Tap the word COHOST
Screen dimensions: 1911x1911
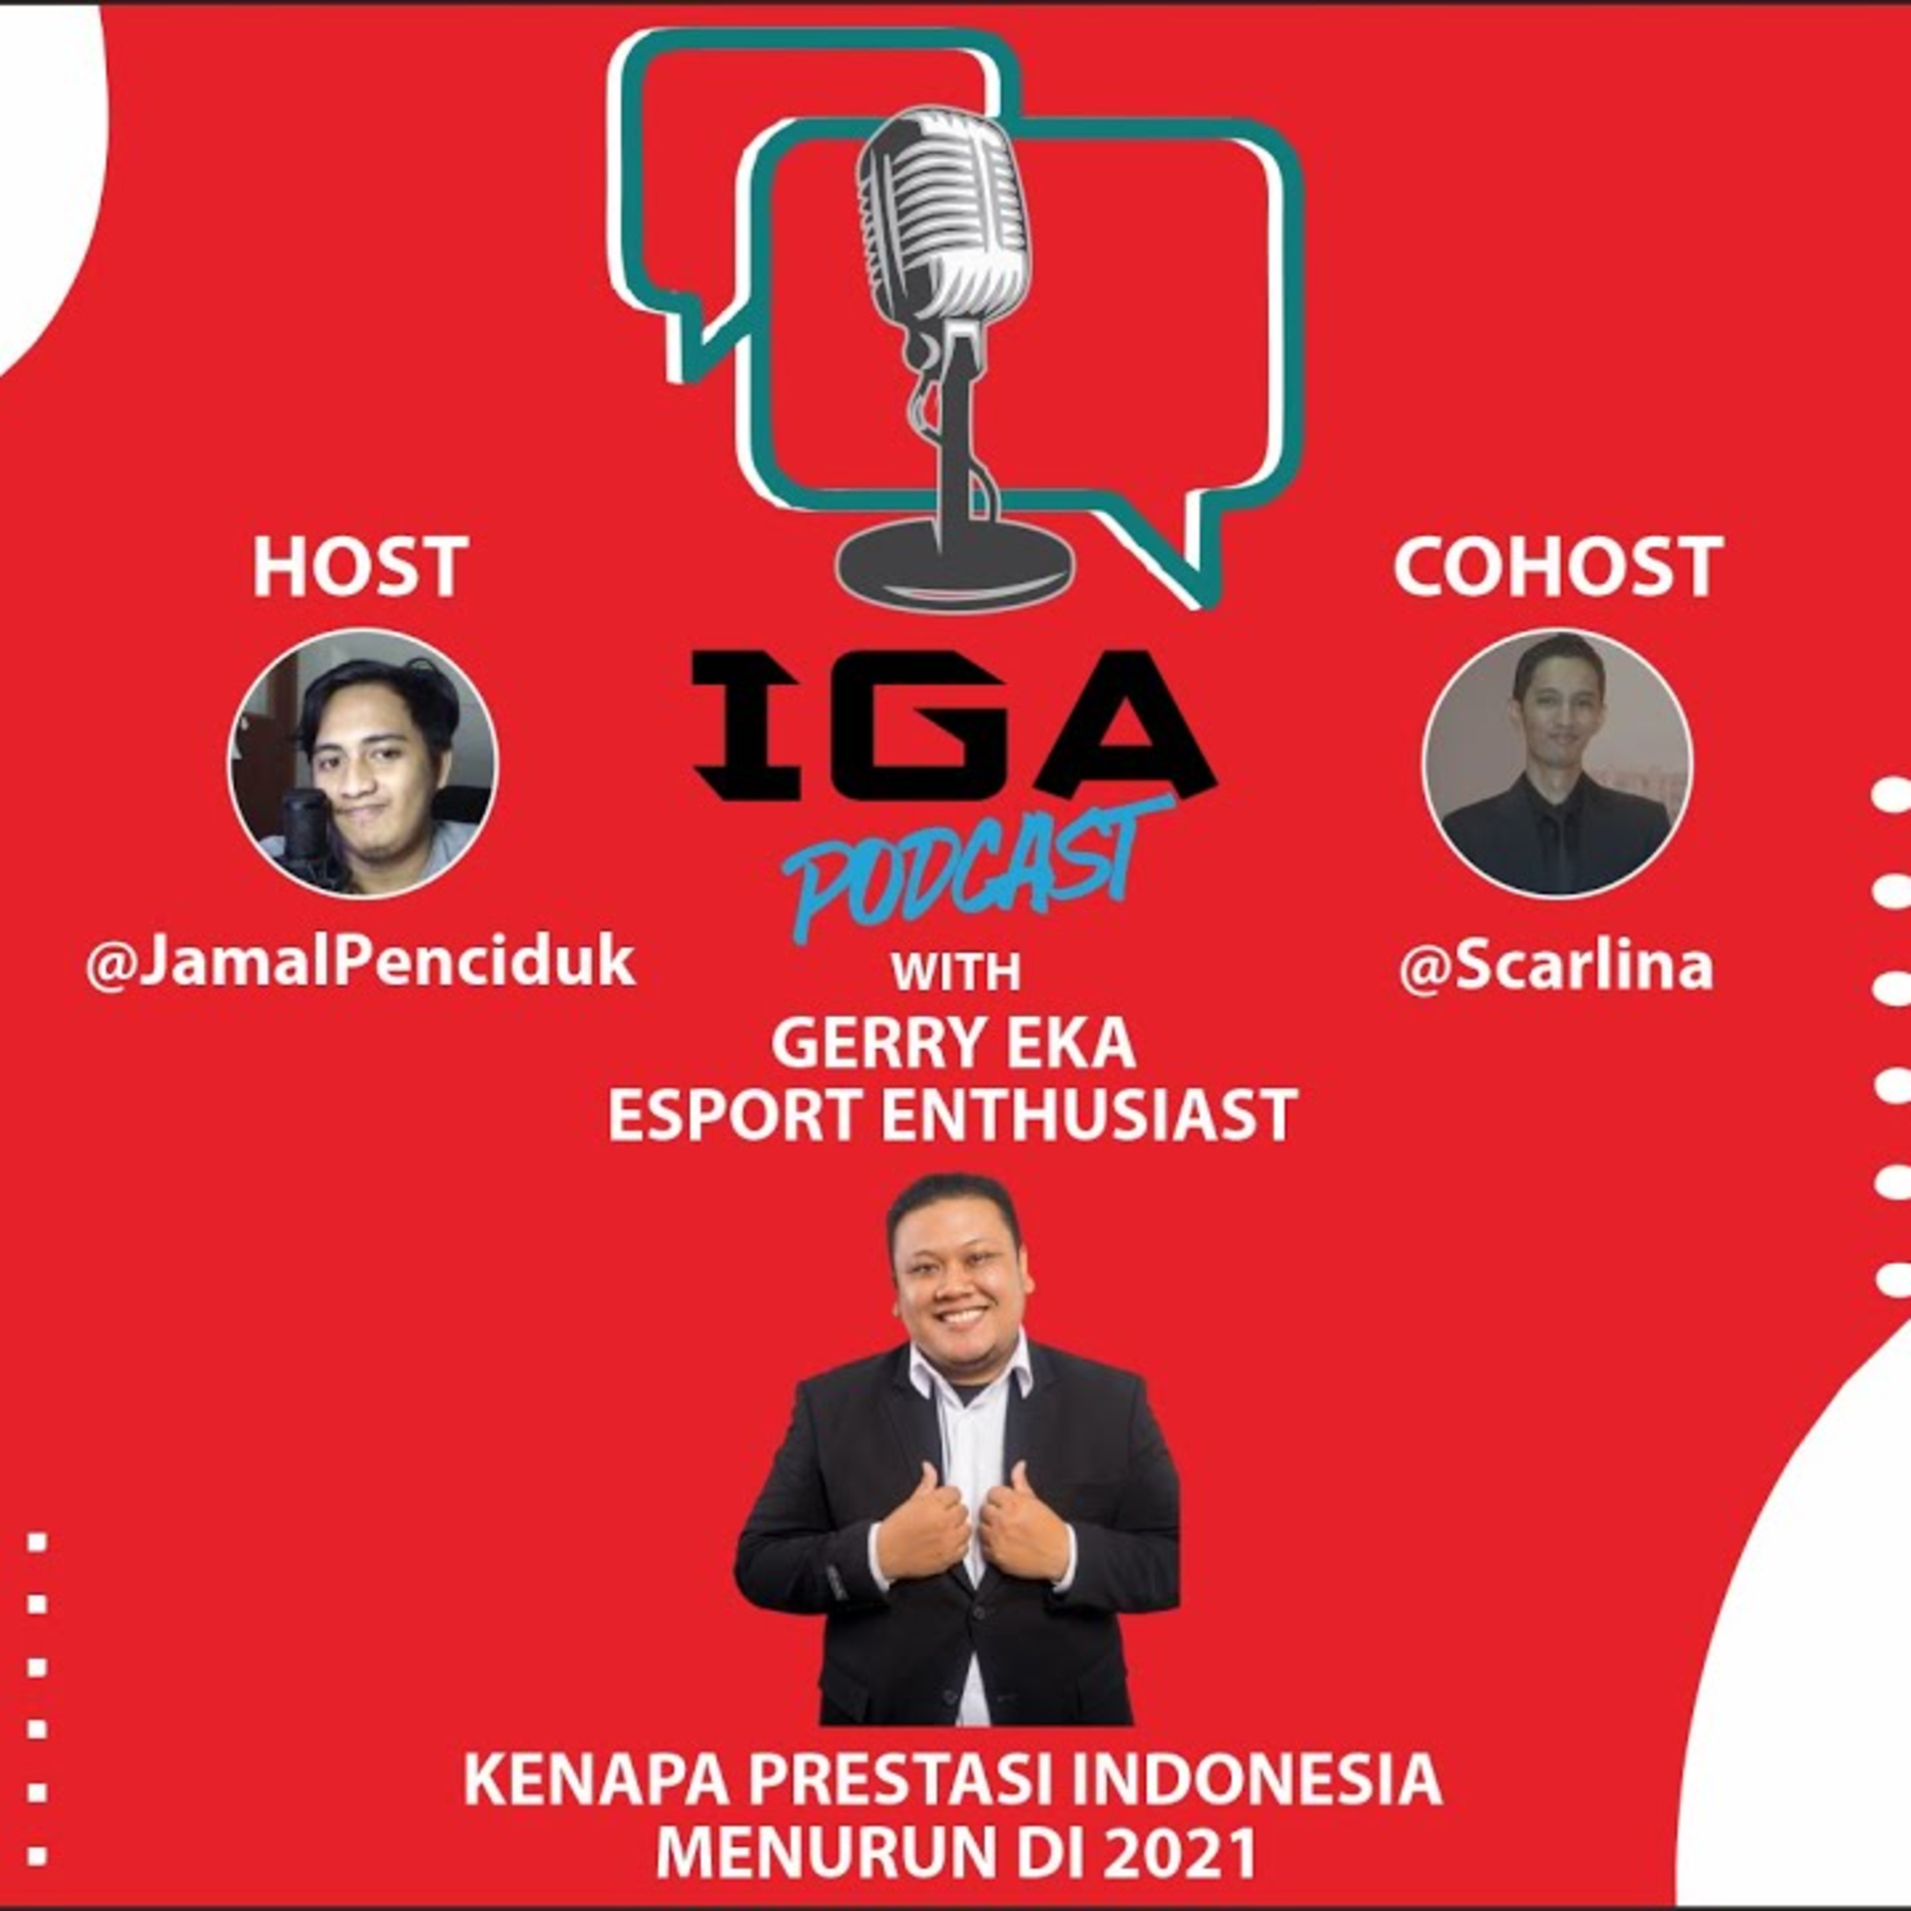pos(1558,567)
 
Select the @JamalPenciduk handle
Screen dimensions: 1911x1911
pos(360,963)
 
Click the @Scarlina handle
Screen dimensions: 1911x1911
pos(1556,966)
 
